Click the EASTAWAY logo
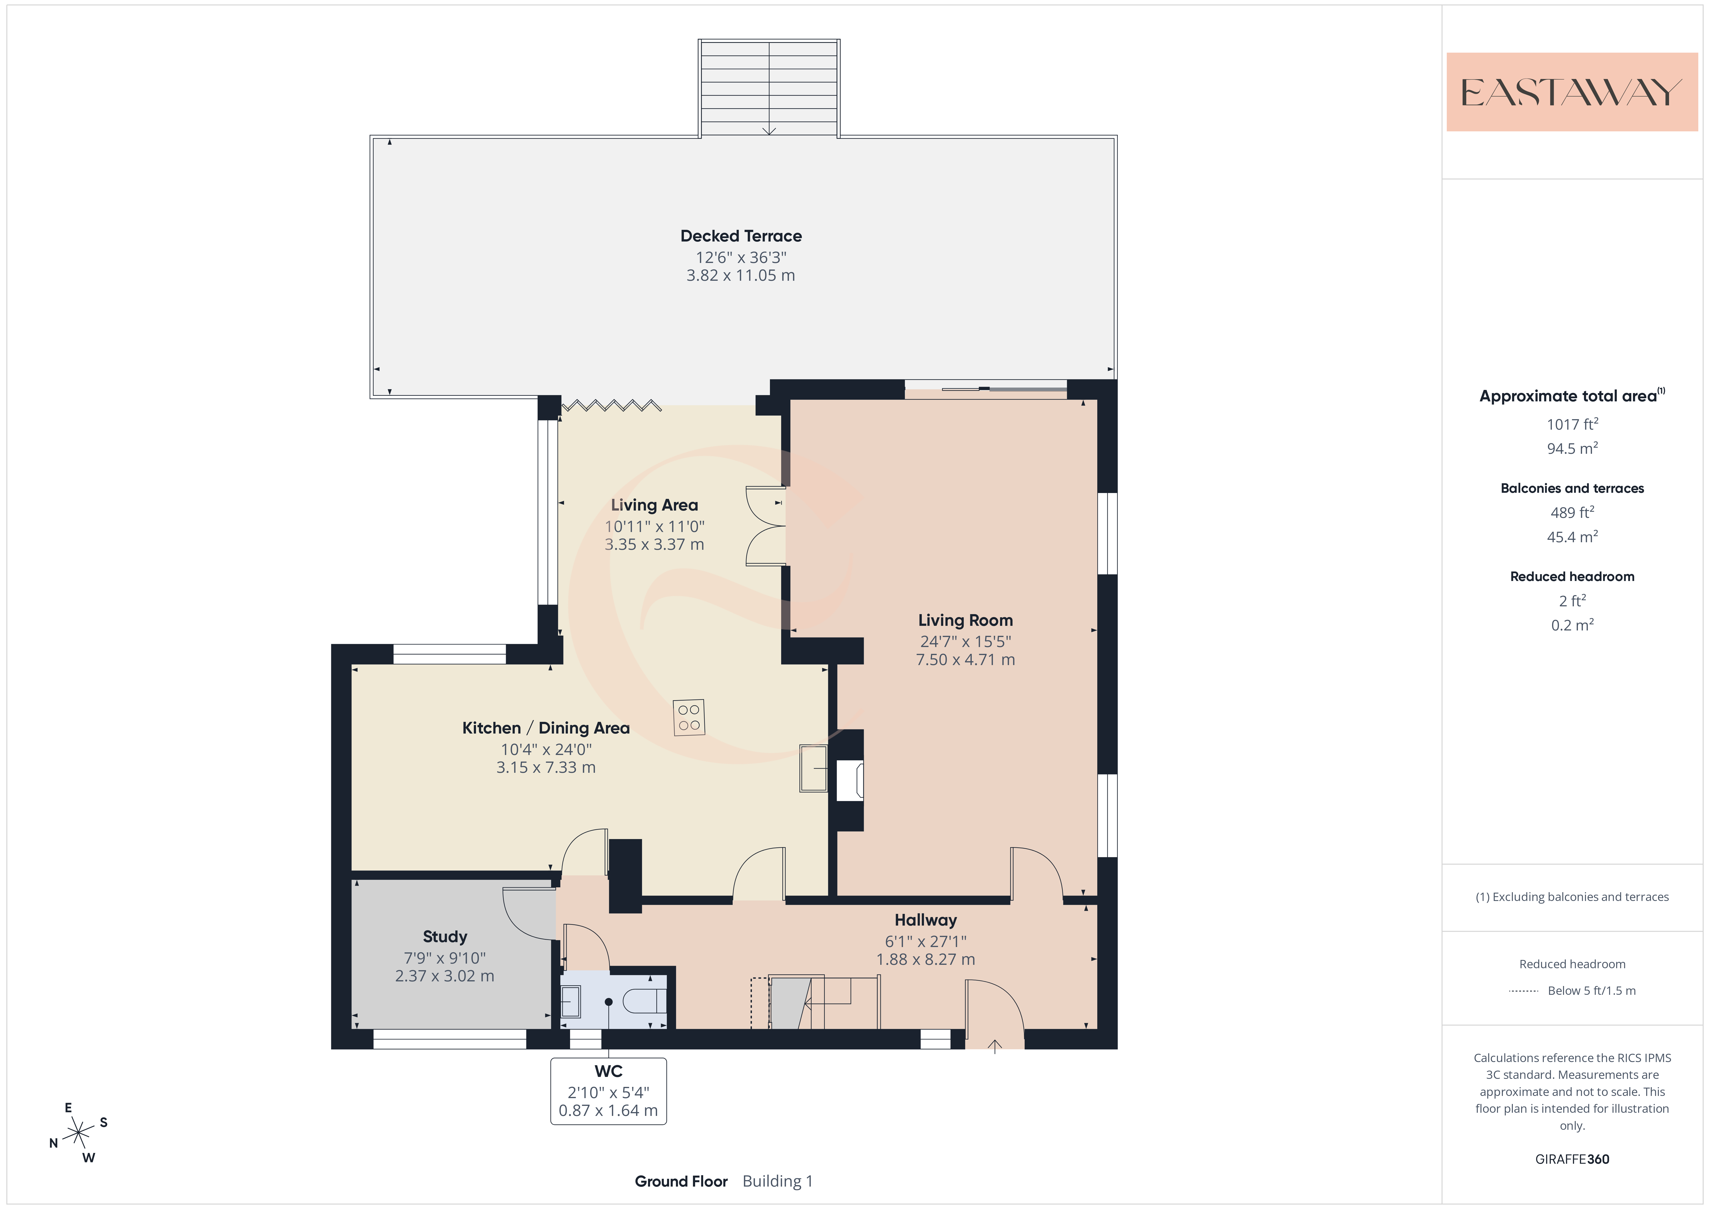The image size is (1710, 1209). [1572, 92]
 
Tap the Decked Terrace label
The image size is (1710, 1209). [741, 236]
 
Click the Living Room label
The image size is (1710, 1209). [965, 620]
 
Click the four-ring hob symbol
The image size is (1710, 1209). [689, 717]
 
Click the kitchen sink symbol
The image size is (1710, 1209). [813, 768]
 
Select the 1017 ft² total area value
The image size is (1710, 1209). [1572, 424]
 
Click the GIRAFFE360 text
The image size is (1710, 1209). [1572, 1159]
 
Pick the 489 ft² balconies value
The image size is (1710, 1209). [1572, 513]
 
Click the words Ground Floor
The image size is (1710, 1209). [681, 1181]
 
